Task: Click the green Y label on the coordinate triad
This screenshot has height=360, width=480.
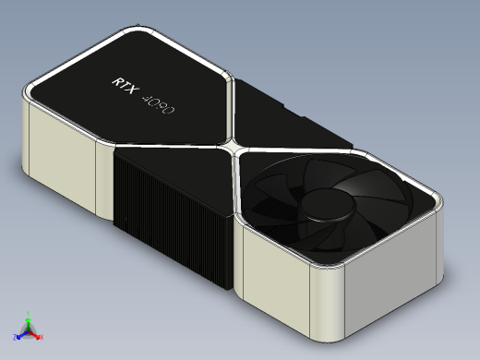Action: click(29, 314)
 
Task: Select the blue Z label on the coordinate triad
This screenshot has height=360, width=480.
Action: click(15, 337)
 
